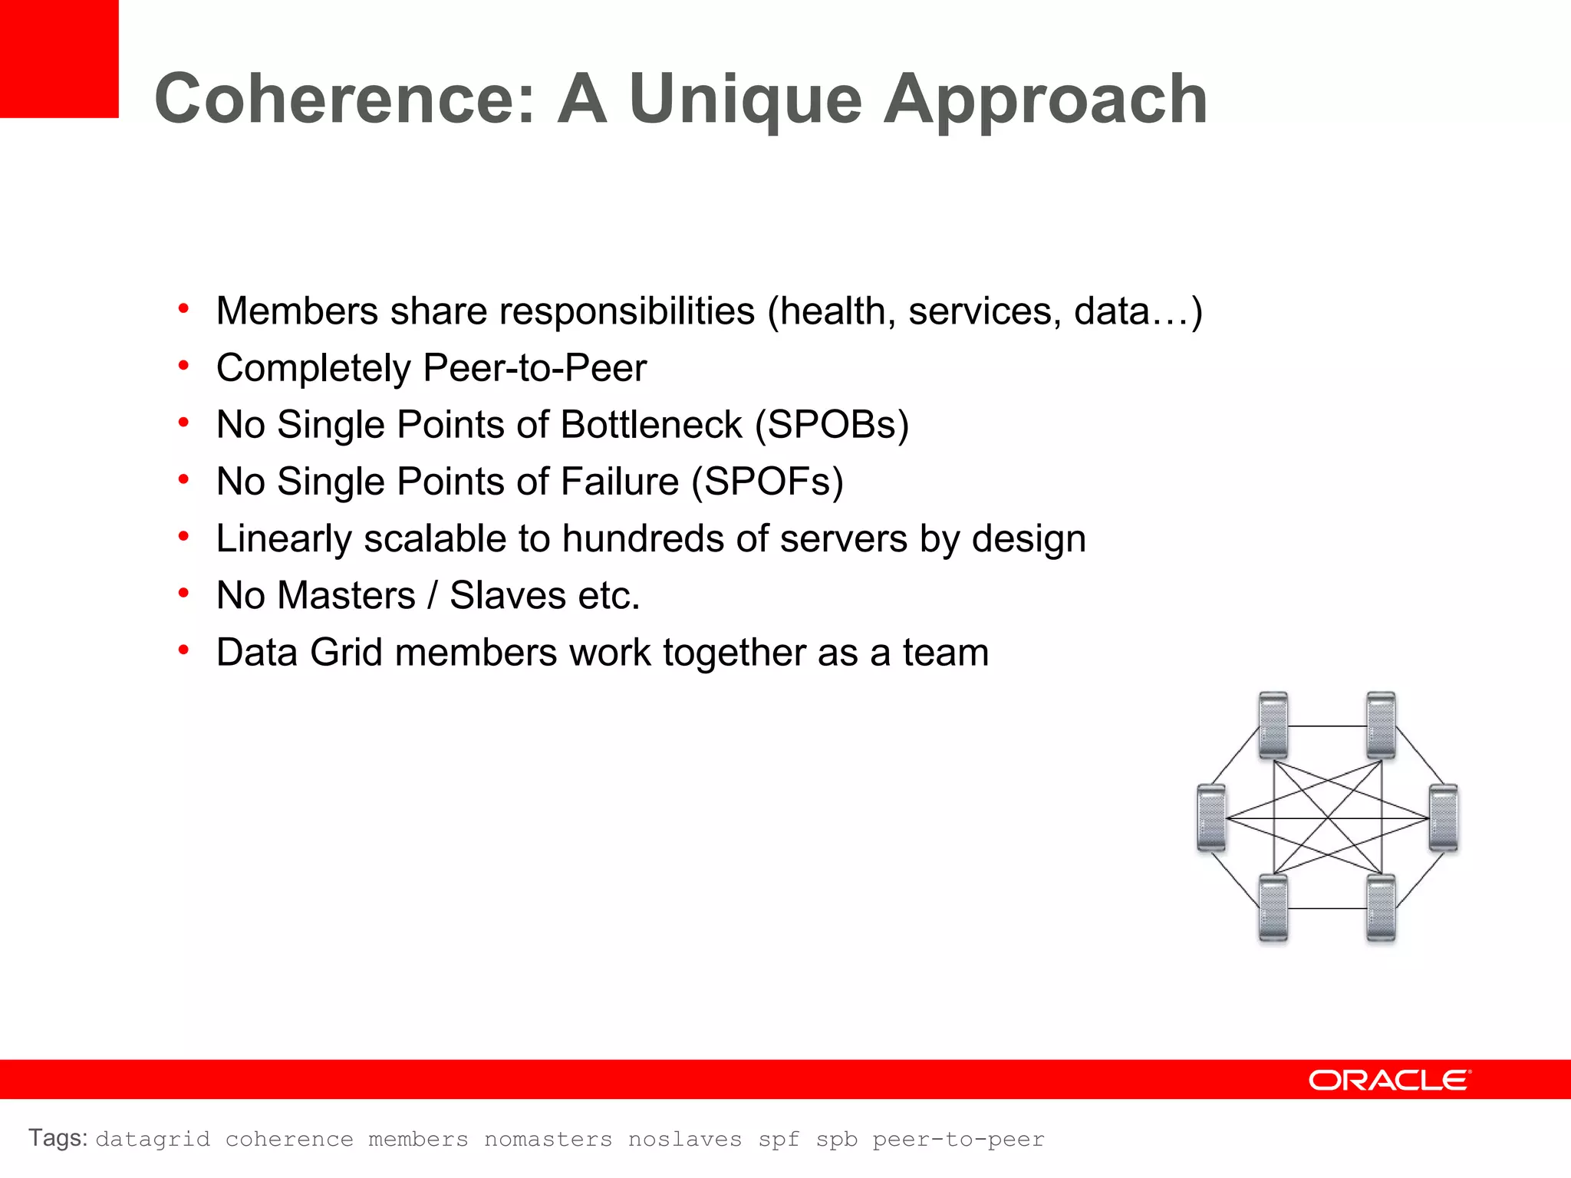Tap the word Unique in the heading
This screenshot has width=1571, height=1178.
[x=745, y=100]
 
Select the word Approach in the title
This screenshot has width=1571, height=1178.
[x=1045, y=100]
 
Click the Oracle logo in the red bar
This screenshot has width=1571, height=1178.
[x=1389, y=1080]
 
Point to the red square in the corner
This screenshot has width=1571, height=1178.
[x=59, y=58]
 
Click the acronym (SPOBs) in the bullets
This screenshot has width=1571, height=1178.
[x=832, y=425]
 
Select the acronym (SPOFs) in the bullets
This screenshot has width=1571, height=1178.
[x=767, y=482]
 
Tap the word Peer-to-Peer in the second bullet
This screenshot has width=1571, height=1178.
[x=535, y=368]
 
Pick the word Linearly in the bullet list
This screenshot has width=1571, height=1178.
[x=284, y=538]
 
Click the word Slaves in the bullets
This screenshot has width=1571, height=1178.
[x=507, y=595]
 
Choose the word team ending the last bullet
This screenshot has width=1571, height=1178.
[x=945, y=652]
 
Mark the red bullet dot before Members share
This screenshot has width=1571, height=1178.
[x=183, y=309]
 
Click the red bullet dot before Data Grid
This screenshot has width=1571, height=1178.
[x=183, y=650]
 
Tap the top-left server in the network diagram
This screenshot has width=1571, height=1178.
[x=1273, y=725]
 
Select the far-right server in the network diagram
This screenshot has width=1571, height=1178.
[x=1443, y=818]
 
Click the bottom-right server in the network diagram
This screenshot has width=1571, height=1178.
[x=1381, y=908]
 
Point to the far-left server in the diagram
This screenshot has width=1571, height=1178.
[x=1211, y=818]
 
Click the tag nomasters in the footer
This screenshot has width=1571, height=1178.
[x=548, y=1140]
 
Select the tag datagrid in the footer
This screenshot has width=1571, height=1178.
[x=153, y=1140]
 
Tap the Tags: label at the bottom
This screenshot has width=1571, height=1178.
[x=58, y=1138]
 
